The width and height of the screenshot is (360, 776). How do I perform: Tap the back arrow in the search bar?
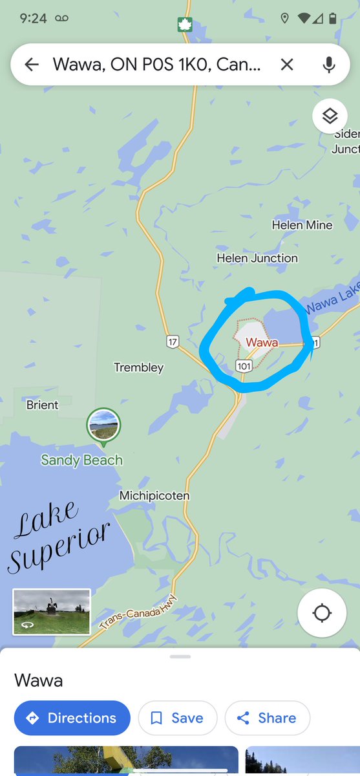click(32, 64)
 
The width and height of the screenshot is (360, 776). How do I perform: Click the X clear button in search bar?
click(287, 64)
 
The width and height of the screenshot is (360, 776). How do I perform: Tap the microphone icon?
click(329, 64)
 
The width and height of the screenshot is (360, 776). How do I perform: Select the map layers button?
click(330, 116)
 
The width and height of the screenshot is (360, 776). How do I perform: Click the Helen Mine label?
click(302, 225)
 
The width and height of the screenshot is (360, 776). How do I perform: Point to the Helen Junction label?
click(257, 258)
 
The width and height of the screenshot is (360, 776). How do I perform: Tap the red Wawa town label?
click(262, 341)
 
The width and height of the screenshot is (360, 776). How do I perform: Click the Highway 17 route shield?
click(172, 342)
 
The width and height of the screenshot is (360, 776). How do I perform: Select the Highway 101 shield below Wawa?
click(244, 366)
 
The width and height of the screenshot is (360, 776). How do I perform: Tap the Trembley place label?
click(139, 367)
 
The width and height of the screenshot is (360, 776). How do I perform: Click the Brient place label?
click(42, 405)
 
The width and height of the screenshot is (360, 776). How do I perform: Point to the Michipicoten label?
click(154, 496)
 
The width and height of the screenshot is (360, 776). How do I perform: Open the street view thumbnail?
click(52, 611)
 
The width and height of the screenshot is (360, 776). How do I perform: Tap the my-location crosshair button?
click(322, 613)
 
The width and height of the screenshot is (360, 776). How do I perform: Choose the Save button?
click(177, 718)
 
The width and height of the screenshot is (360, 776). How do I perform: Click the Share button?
click(267, 718)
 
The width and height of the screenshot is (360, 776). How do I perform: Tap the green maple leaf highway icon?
click(185, 25)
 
